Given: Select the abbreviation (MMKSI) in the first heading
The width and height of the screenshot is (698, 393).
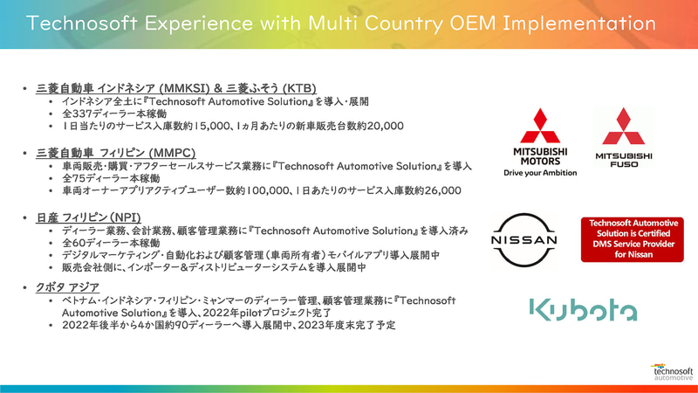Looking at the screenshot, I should tap(182, 89).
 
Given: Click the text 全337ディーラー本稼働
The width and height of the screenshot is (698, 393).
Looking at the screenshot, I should tap(113, 114).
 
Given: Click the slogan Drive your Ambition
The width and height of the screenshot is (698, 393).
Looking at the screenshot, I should tap(541, 172).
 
